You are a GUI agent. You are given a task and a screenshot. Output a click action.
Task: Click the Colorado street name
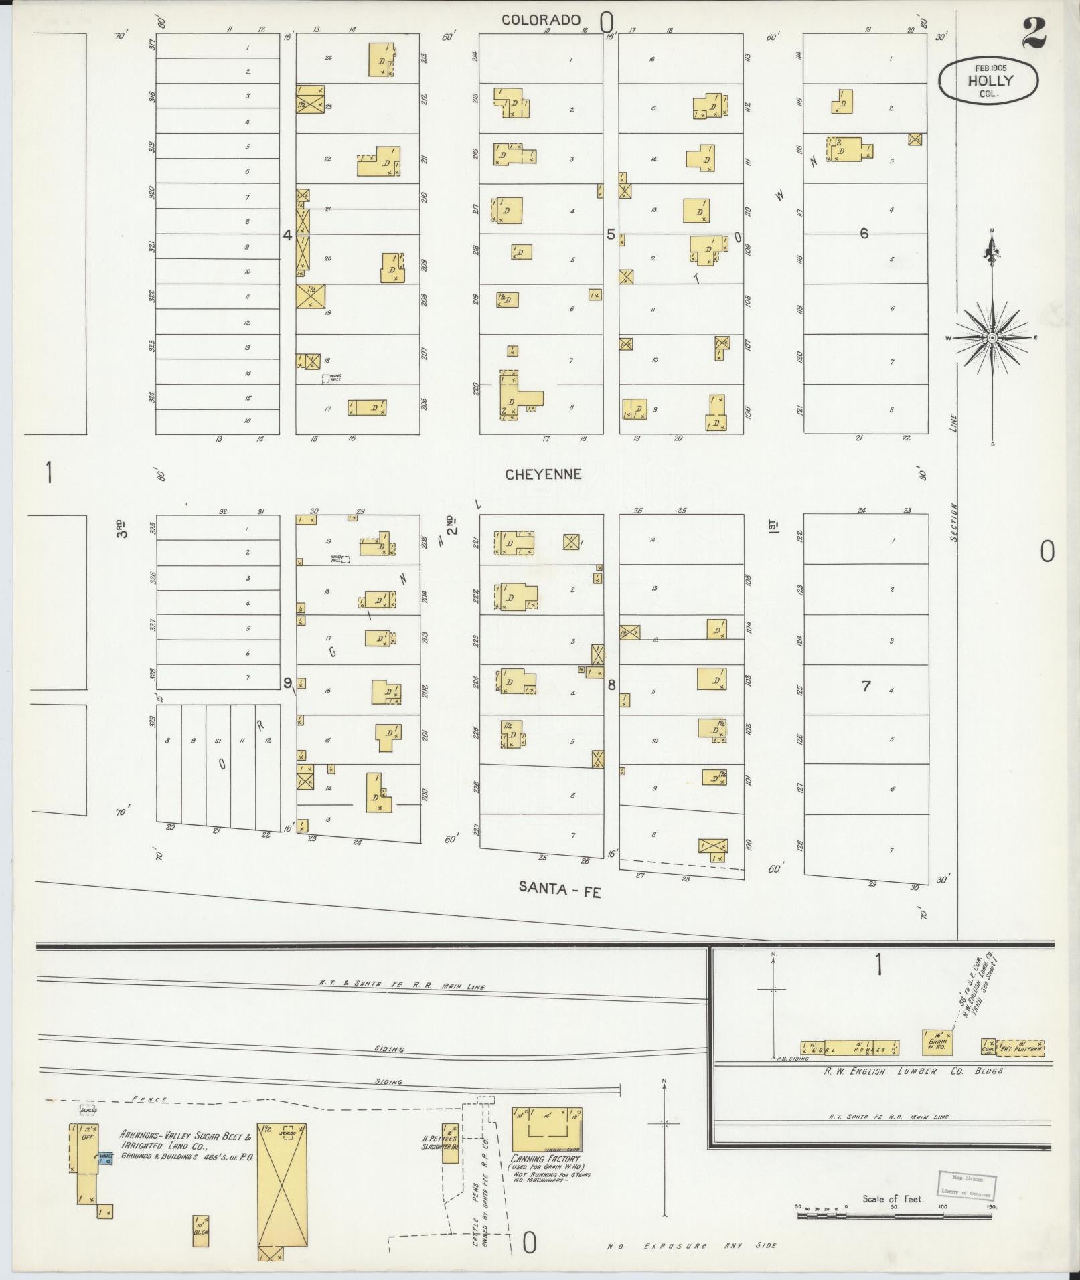pyautogui.click(x=541, y=20)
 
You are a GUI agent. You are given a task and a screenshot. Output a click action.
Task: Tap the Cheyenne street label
pyautogui.click(x=543, y=474)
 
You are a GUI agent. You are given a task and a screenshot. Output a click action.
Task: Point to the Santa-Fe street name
pyautogui.click(x=560, y=888)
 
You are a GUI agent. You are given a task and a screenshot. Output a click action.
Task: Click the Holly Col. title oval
pyautogui.click(x=988, y=81)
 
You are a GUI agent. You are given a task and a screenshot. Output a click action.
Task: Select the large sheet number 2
pyautogui.click(x=1034, y=34)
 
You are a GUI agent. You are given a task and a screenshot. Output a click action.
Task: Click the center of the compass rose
pyautogui.click(x=992, y=338)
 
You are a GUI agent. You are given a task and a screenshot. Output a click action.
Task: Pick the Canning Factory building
pyautogui.click(x=547, y=1129)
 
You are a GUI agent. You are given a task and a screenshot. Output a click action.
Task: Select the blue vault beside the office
pyautogui.click(x=104, y=1158)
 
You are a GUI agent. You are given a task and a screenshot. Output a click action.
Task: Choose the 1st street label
pyautogui.click(x=775, y=525)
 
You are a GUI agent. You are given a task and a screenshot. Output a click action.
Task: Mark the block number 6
pyautogui.click(x=864, y=233)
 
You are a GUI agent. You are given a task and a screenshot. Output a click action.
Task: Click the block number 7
pyautogui.click(x=866, y=686)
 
